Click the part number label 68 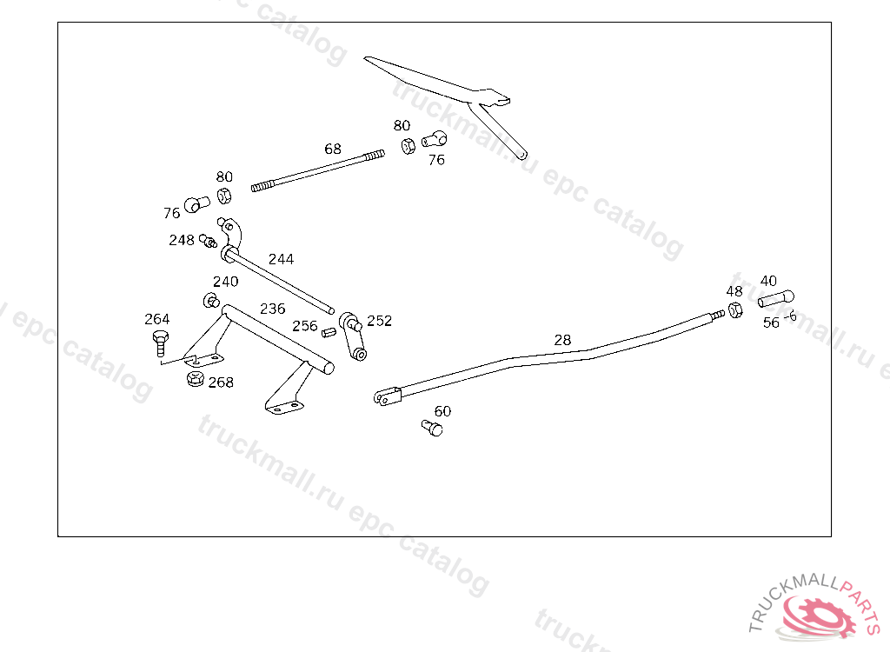pyautogui.click(x=333, y=149)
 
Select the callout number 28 pyautogui.click(x=562, y=340)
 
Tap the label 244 pyautogui.click(x=281, y=259)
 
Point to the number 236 pyautogui.click(x=272, y=309)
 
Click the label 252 pyautogui.click(x=379, y=321)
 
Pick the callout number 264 pyautogui.click(x=157, y=319)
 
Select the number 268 pyautogui.click(x=221, y=382)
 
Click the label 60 pyautogui.click(x=442, y=411)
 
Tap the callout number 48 pyautogui.click(x=734, y=291)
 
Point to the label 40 pyautogui.click(x=768, y=281)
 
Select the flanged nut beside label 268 pyautogui.click(x=195, y=379)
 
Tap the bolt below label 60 pyautogui.click(x=432, y=428)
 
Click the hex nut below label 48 pyautogui.click(x=734, y=310)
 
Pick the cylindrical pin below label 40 pyautogui.click(x=775, y=298)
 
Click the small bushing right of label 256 pyautogui.click(x=329, y=331)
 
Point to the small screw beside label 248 pyautogui.click(x=207, y=240)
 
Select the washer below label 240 pyautogui.click(x=210, y=301)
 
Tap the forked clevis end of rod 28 pyautogui.click(x=386, y=397)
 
